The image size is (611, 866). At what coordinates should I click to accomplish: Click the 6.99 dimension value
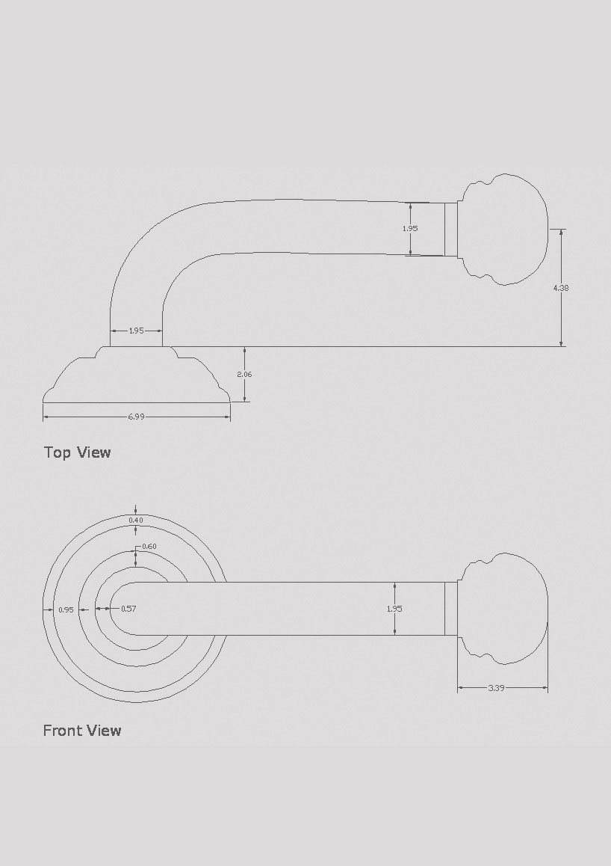(136, 417)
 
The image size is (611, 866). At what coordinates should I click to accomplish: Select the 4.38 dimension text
(561, 287)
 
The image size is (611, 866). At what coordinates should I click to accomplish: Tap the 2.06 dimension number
(244, 374)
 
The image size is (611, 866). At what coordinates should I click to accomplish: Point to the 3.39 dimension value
(496, 688)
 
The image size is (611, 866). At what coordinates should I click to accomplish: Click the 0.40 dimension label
(136, 520)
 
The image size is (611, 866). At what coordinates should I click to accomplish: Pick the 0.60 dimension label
(149, 547)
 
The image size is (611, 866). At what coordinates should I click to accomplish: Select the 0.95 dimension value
(66, 609)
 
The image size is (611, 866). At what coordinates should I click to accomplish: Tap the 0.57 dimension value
(128, 609)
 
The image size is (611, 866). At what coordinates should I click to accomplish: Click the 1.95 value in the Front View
(394, 609)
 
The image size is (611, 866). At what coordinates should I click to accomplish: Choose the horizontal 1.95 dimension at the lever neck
(136, 331)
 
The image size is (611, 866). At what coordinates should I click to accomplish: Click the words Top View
(78, 452)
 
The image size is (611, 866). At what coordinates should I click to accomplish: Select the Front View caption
(82, 730)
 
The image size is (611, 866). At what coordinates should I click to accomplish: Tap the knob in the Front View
(504, 609)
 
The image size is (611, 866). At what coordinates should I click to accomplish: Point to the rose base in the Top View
(136, 378)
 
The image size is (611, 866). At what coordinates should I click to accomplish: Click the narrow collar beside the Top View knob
(450, 229)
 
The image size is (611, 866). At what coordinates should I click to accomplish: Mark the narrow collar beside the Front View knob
(450, 609)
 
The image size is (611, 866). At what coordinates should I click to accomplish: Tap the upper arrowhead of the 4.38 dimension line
(561, 233)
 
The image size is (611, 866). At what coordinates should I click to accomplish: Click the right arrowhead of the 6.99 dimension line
(226, 417)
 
